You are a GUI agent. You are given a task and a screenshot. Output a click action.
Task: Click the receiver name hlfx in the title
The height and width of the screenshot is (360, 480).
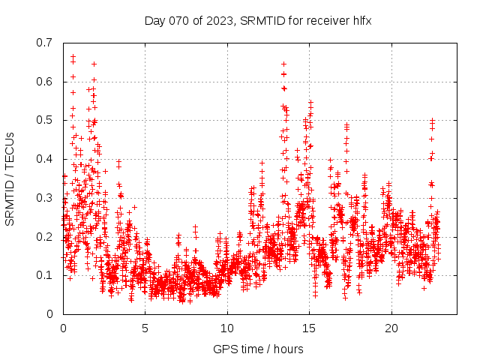(x=358, y=20)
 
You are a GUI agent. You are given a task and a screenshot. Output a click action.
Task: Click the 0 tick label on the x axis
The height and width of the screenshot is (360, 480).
(x=63, y=328)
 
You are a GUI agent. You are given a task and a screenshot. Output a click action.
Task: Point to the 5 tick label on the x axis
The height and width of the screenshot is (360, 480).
(x=145, y=328)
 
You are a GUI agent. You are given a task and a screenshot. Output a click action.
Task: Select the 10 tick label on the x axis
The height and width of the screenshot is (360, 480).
(x=227, y=328)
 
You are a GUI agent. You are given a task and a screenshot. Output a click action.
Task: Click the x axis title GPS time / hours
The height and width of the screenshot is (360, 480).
(x=258, y=349)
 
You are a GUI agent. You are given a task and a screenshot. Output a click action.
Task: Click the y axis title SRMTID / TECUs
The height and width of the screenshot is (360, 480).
(x=10, y=178)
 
